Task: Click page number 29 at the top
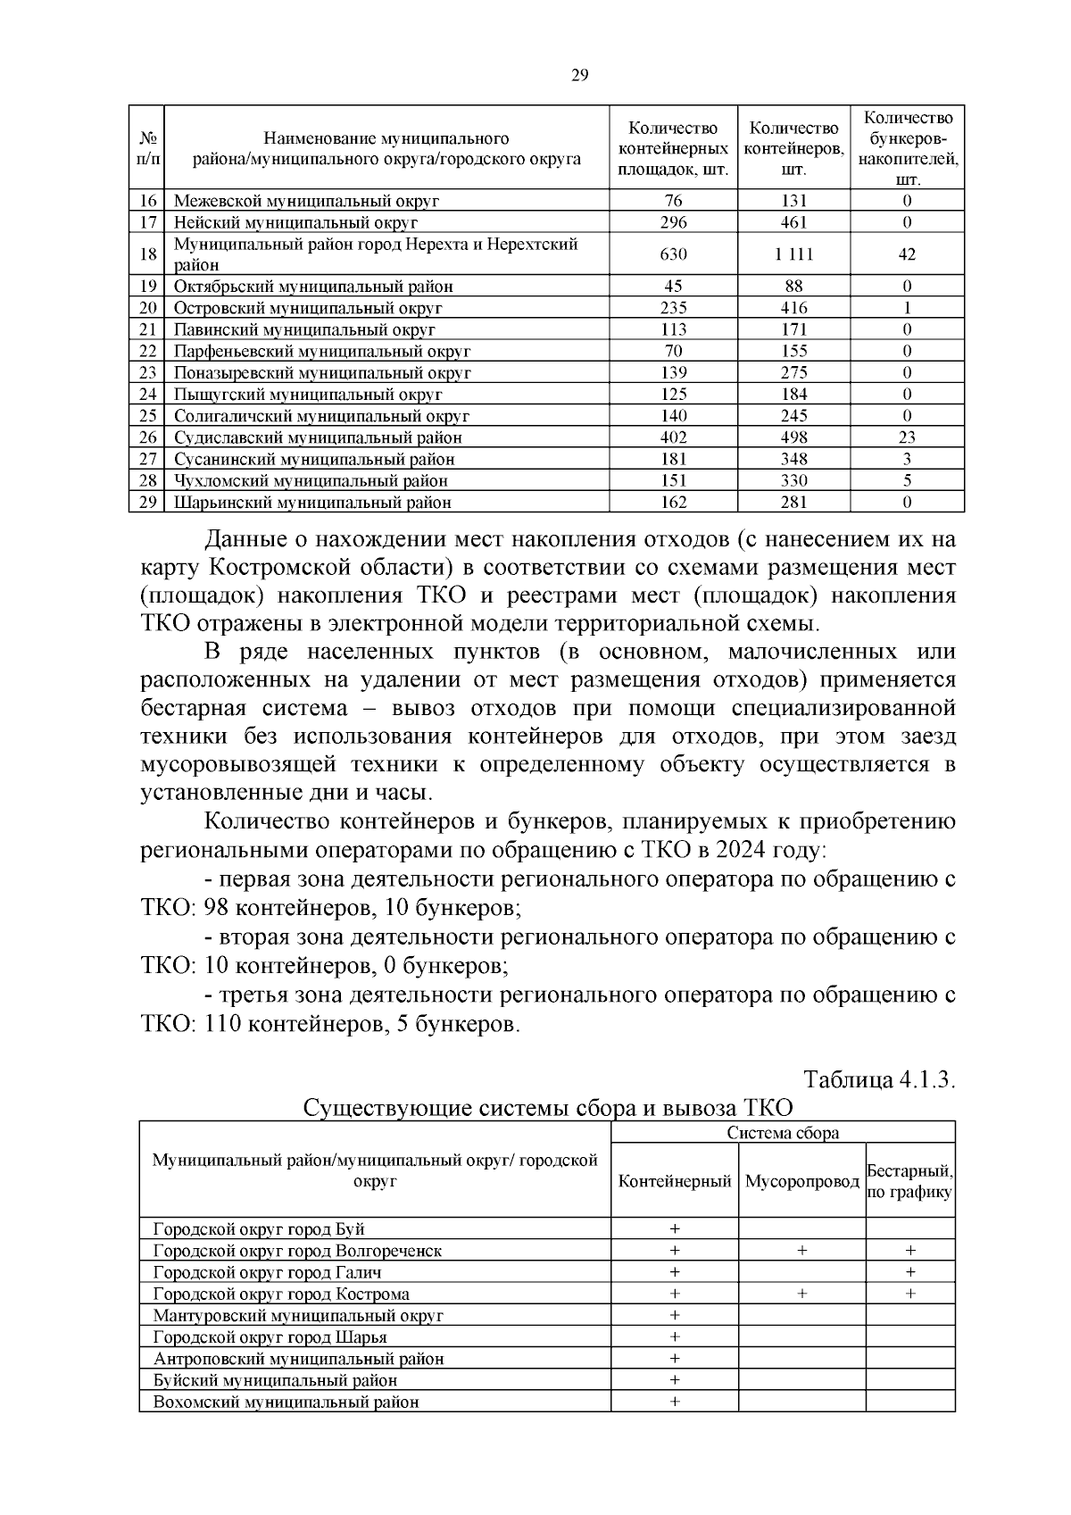[x=579, y=75]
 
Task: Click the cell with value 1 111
[x=793, y=254]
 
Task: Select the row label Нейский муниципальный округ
[x=295, y=222]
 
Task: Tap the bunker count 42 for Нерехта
[x=907, y=254]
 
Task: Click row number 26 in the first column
[x=148, y=437]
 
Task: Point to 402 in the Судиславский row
[x=674, y=437]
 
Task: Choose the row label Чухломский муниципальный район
[x=311, y=480]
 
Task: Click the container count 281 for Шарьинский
[x=793, y=502]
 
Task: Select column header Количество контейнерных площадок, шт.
[x=674, y=148]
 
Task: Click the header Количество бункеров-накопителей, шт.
[x=907, y=148]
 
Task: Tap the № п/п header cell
[x=149, y=148]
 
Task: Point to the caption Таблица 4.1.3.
[x=880, y=1079]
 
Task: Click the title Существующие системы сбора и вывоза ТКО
[x=548, y=1108]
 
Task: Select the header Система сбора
[x=783, y=1133]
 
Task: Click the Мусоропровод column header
[x=801, y=1181]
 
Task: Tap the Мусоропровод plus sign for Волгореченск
[x=801, y=1251]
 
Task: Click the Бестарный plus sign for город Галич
[x=909, y=1272]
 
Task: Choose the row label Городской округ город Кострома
[x=282, y=1294]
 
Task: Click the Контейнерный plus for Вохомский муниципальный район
[x=675, y=1402]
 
